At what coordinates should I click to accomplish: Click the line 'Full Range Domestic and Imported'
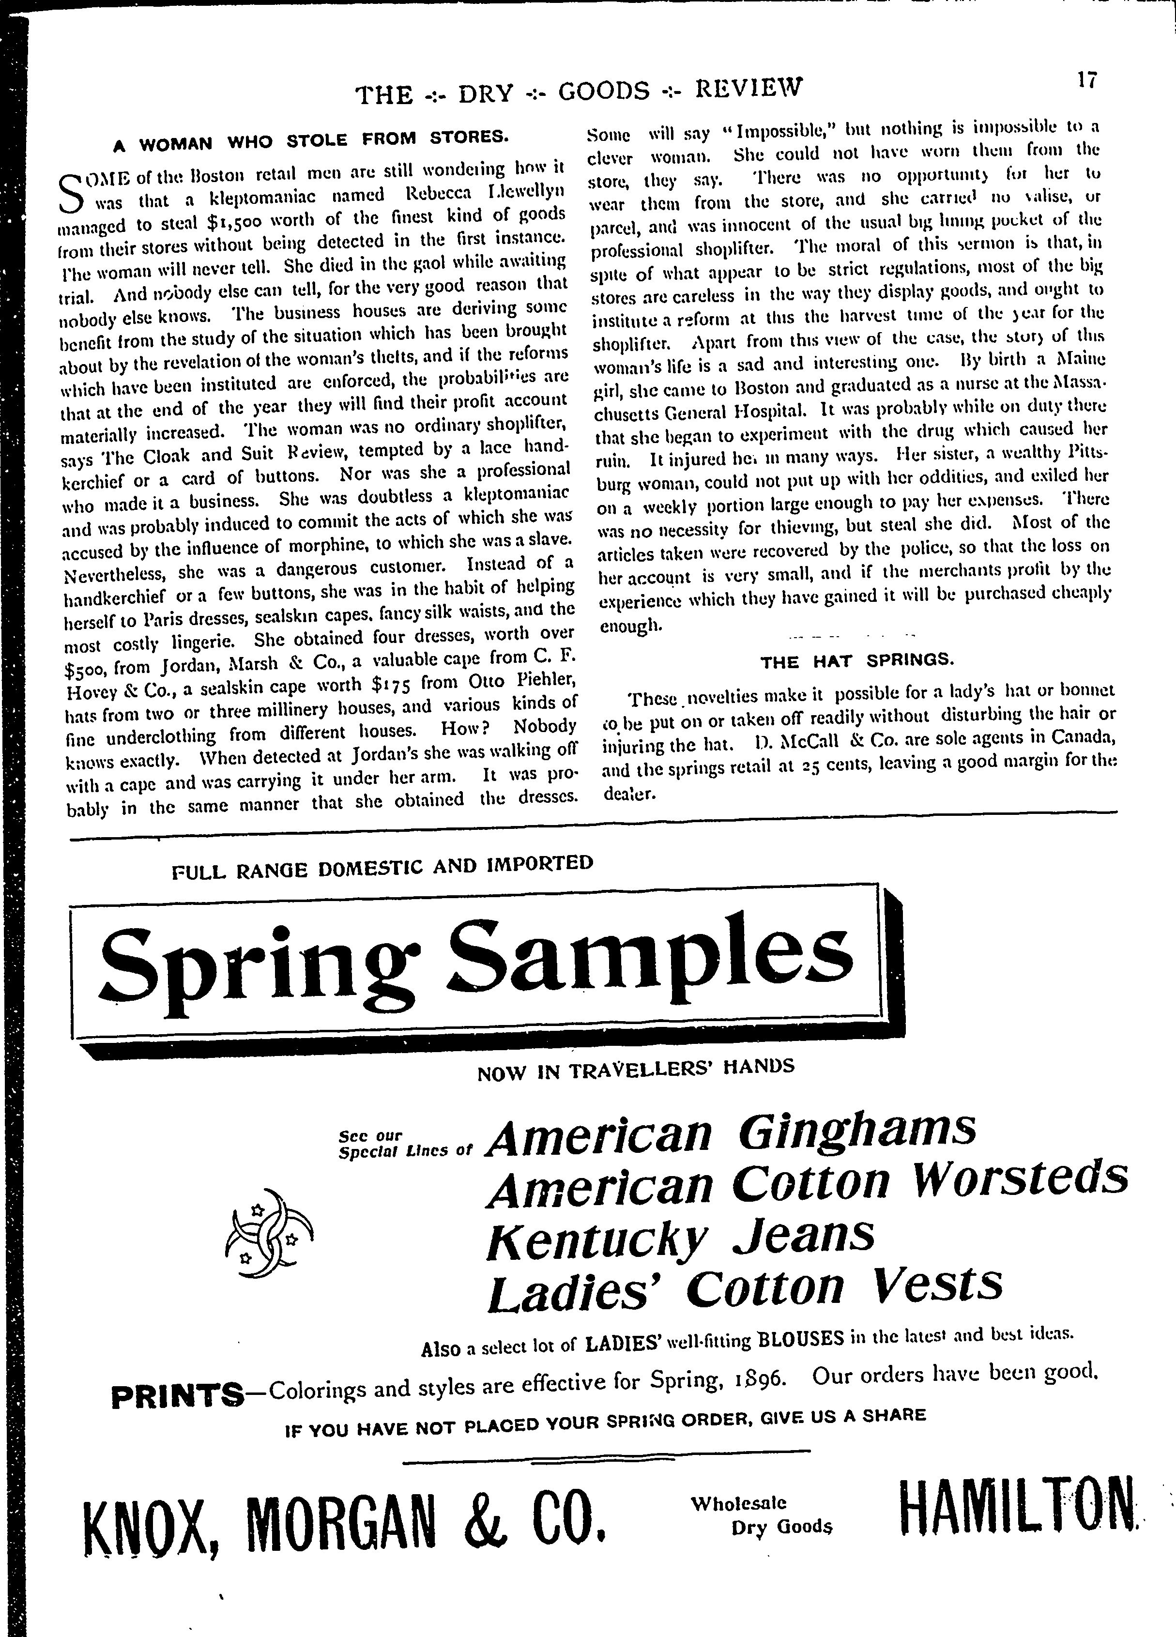382,867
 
